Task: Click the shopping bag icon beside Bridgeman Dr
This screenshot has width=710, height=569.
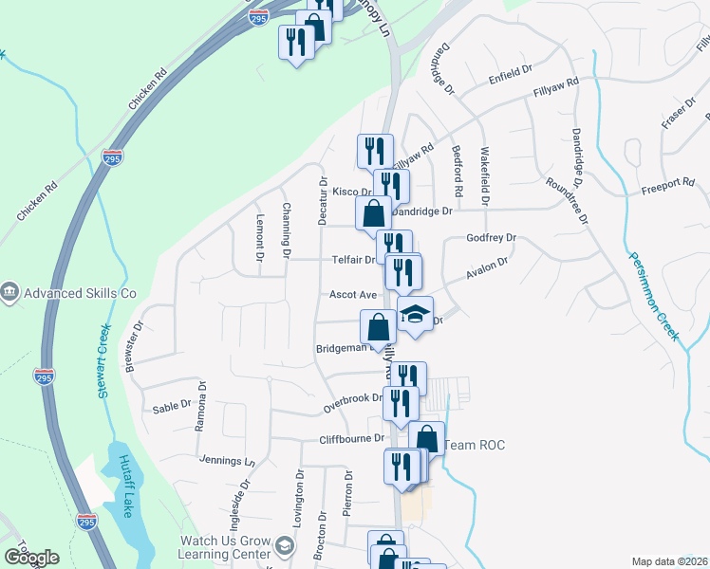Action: point(378,327)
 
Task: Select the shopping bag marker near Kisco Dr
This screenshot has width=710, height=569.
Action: point(373,213)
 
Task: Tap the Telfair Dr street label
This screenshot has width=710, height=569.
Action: point(353,259)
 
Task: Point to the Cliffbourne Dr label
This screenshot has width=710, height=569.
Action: point(351,439)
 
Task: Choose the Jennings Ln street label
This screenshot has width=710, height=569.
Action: point(228,461)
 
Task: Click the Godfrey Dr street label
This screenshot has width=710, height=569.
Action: point(491,238)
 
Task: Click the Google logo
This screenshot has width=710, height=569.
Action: point(31,557)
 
